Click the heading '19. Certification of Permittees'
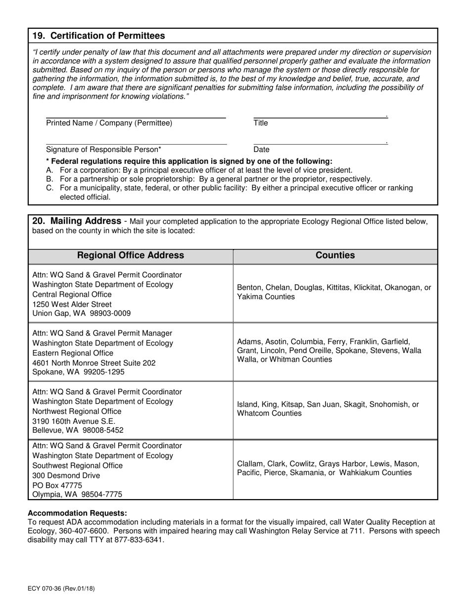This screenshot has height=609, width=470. click(99, 36)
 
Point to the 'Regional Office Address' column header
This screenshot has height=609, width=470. click(131, 255)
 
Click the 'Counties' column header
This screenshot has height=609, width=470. click(335, 255)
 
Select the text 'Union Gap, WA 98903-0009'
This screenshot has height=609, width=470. click(82, 313)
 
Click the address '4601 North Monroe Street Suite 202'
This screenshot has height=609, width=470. click(94, 363)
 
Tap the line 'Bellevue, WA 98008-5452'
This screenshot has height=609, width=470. click(78, 430)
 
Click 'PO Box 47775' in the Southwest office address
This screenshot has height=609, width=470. click(57, 485)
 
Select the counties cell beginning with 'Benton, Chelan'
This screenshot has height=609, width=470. click(334, 292)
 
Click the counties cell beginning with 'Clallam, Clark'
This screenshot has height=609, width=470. click(328, 468)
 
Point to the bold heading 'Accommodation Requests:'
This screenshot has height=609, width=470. click(77, 513)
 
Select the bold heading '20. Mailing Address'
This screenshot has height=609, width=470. click(77, 221)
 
